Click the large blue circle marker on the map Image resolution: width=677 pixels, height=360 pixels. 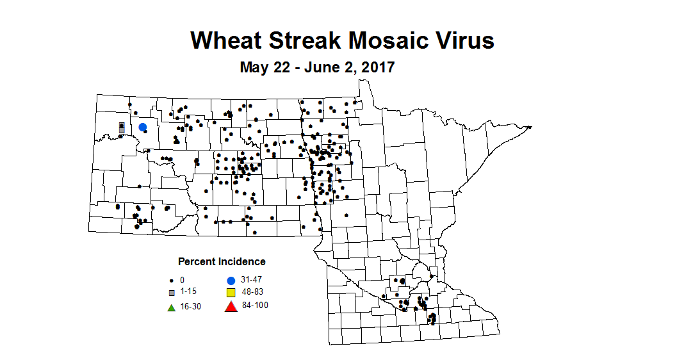143,127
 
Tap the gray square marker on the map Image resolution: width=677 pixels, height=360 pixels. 122,127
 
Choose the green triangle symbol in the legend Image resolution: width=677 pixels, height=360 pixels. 172,307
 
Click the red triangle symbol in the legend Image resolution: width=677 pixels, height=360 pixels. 231,307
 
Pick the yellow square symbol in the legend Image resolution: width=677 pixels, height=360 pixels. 231,293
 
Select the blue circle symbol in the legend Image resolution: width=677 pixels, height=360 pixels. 231,281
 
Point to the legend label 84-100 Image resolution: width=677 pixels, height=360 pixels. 256,306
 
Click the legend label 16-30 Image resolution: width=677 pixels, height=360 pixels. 190,306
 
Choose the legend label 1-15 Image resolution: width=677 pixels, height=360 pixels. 188,292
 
